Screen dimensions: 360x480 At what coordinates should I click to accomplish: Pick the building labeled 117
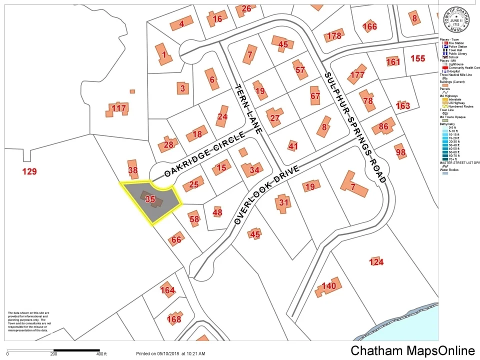tap(119, 108)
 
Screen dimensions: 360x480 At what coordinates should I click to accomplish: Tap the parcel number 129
tap(30, 171)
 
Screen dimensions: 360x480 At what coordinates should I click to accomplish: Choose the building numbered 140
tap(328, 286)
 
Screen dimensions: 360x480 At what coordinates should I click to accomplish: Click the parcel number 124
tap(376, 262)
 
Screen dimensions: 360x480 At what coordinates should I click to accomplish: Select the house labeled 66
tap(176, 239)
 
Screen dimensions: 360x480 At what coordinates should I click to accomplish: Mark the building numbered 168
tap(173, 318)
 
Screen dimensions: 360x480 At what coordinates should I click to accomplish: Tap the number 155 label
tap(417, 58)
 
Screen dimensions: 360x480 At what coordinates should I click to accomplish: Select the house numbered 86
tap(384, 126)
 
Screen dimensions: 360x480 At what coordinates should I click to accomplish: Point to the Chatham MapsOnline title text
tap(412, 350)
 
